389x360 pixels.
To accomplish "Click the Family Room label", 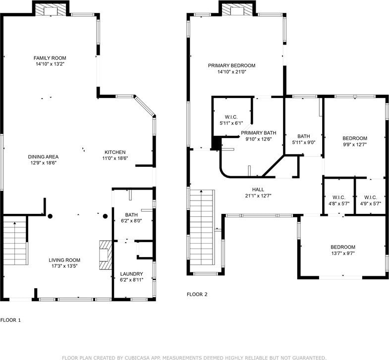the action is click(50, 58).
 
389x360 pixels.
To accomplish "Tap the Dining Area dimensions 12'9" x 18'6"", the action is click(43, 163).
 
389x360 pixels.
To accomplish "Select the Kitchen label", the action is click(115, 152).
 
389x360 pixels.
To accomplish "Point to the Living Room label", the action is click(64, 260).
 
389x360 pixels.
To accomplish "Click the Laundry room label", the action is click(131, 274).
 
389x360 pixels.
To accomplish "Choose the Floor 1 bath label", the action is click(131, 215).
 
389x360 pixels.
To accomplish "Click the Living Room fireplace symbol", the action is click(106, 255).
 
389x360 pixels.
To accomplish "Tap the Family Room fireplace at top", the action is click(51, 10).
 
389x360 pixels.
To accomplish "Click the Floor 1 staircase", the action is click(15, 240).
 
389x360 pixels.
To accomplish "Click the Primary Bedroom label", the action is click(231, 66).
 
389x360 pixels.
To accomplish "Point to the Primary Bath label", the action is click(259, 133).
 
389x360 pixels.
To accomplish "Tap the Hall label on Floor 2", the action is click(258, 190).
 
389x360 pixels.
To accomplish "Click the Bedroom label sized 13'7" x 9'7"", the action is click(343, 247).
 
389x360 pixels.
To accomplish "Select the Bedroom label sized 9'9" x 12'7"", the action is click(355, 138).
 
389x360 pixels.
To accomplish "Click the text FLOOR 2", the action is click(197, 294).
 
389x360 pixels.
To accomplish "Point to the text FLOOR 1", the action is click(10, 320).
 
